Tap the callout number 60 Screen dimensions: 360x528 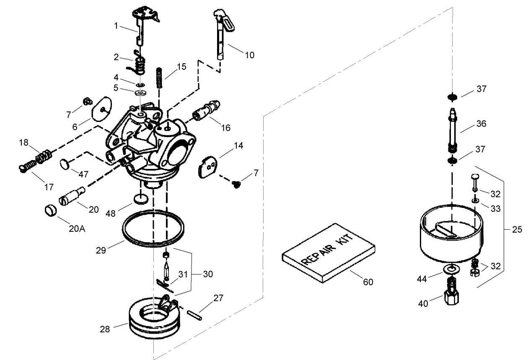tap(368, 282)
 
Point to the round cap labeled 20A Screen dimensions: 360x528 tap(50, 209)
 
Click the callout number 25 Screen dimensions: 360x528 tap(517, 230)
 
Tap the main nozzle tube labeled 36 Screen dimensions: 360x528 tap(453, 131)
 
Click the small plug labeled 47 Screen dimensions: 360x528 tap(64, 163)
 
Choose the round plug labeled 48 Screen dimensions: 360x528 tap(141, 198)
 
